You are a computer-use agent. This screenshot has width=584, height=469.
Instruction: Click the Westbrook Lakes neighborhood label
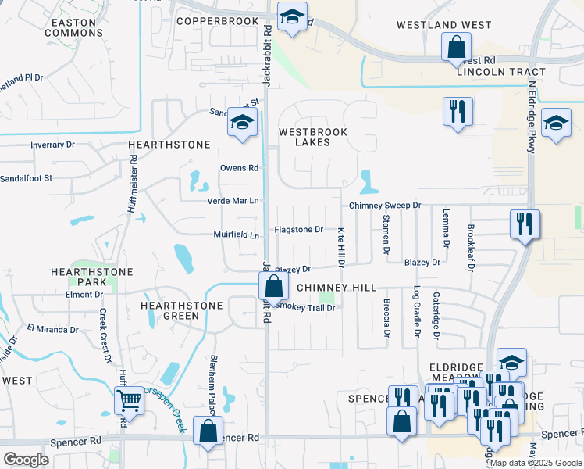(x=313, y=137)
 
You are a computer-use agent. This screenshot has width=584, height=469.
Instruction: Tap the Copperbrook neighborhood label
(x=217, y=20)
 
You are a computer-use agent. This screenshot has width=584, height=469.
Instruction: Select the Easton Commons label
(x=74, y=27)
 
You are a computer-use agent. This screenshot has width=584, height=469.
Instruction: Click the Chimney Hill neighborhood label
(x=337, y=288)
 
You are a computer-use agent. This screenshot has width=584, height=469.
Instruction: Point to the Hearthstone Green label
(x=171, y=310)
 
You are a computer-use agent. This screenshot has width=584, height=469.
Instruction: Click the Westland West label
(x=443, y=25)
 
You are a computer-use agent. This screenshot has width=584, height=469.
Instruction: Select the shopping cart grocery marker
(x=129, y=402)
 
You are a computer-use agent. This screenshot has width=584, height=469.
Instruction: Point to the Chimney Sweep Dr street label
(x=385, y=205)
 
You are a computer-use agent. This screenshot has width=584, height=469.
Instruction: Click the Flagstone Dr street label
(x=298, y=230)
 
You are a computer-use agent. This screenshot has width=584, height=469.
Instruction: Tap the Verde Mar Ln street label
(x=232, y=201)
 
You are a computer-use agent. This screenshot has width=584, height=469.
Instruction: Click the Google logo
(x=27, y=460)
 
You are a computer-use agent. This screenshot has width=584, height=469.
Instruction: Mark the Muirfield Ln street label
(x=236, y=234)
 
